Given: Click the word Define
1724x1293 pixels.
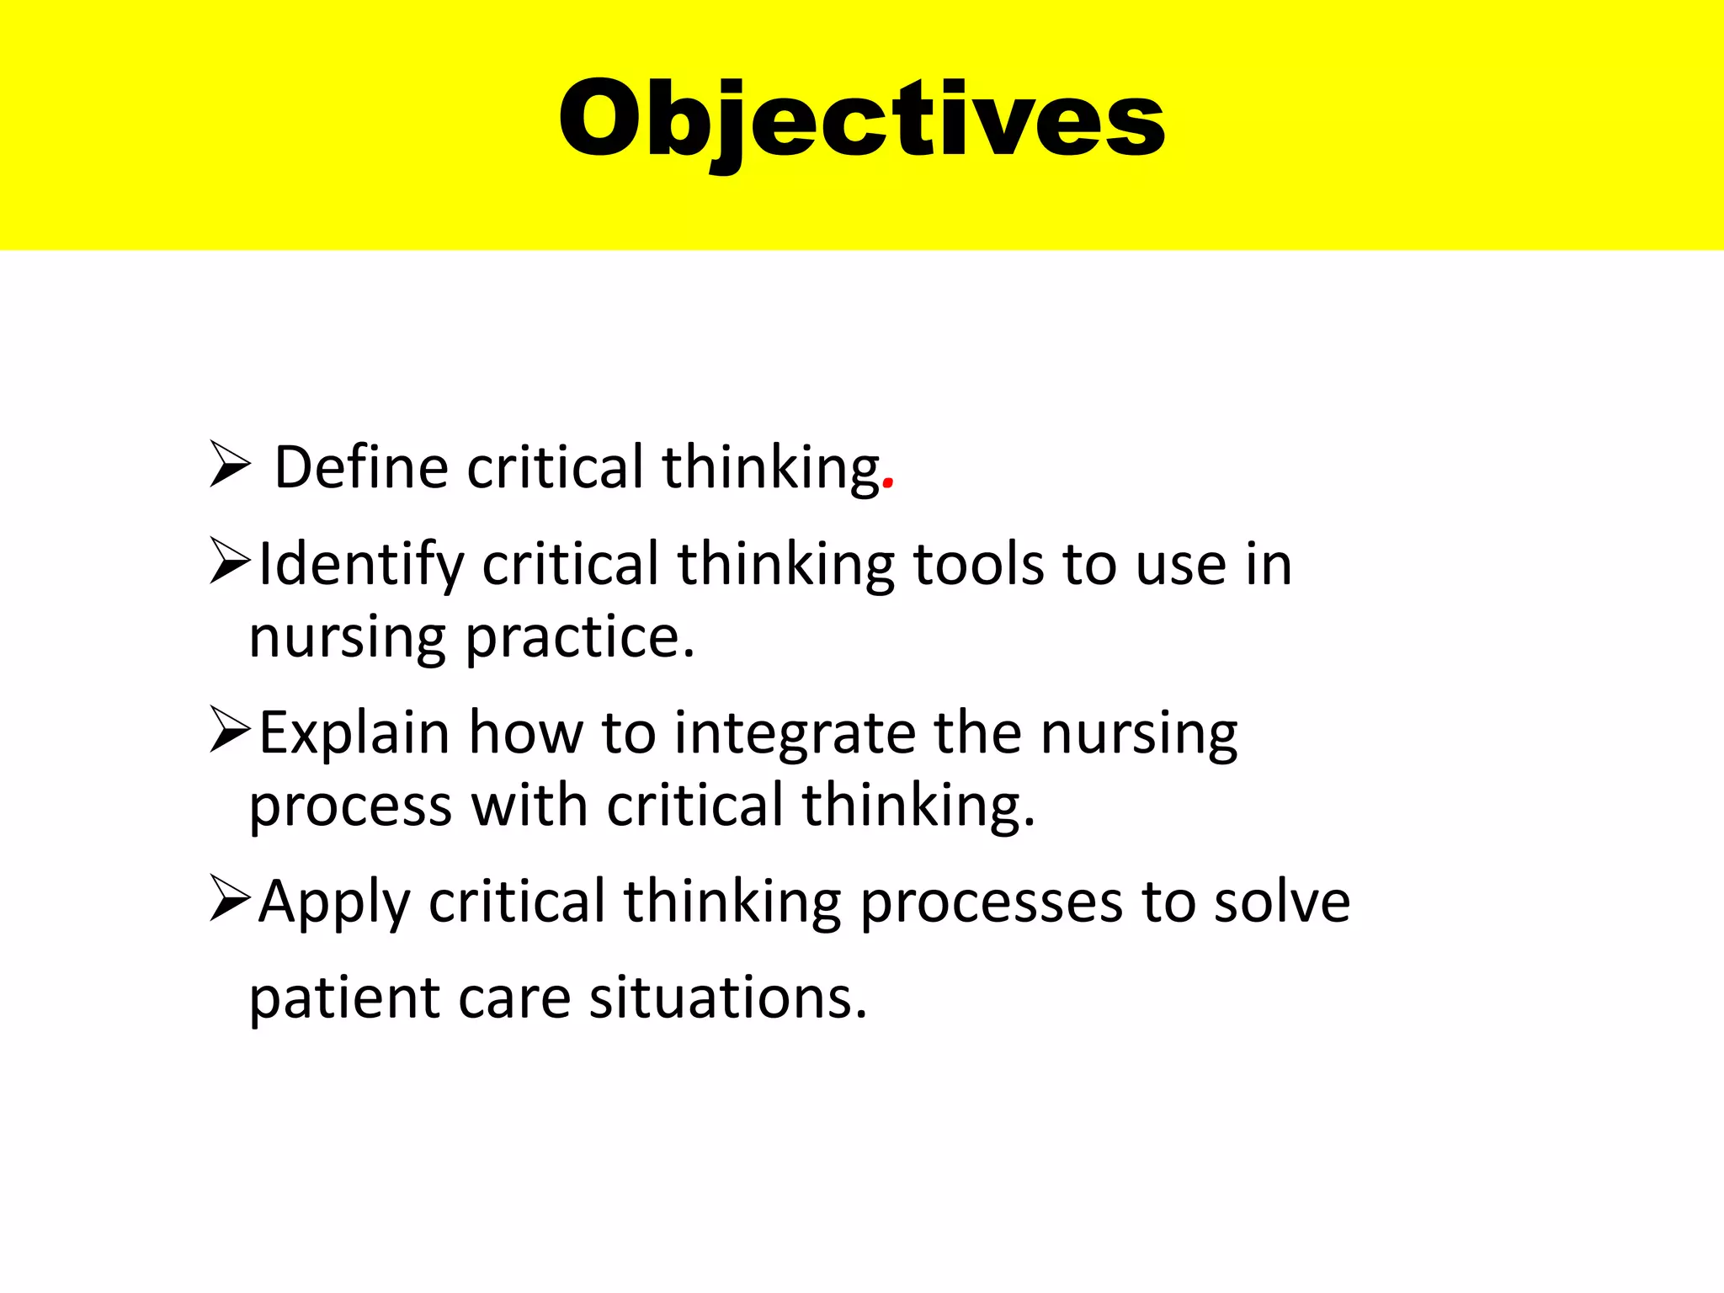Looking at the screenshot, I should point(362,467).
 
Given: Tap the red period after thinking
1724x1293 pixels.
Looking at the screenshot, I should point(888,486).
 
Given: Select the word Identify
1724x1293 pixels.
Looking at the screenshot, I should point(361,565).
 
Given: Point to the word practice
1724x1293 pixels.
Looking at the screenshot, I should point(578,637).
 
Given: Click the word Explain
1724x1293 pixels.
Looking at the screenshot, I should point(354,733).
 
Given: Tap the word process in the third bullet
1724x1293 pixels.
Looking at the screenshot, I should point(350,806).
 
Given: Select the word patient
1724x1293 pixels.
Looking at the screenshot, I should point(344,998).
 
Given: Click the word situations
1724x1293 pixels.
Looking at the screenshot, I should point(727,998).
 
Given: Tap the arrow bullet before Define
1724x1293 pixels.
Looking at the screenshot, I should point(229,465).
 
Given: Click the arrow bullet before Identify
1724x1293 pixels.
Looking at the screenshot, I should point(229,561).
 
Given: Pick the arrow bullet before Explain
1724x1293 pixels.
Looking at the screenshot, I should point(229,730).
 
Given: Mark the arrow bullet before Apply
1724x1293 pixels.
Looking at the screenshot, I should point(229,899).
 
